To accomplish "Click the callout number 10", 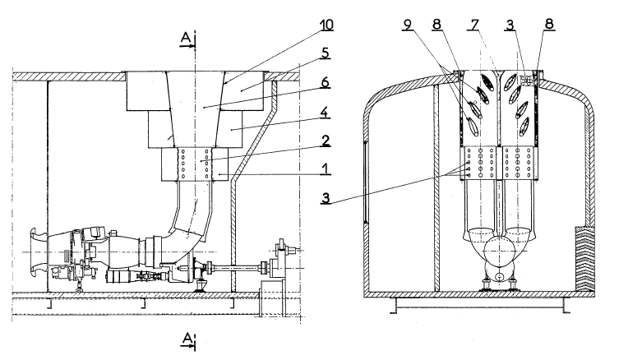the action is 326,25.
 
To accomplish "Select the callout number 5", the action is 326,53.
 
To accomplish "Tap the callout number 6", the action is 325,82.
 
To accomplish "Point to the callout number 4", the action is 324,112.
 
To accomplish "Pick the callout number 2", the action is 325,141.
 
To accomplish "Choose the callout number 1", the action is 326,169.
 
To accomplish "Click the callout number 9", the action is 408,25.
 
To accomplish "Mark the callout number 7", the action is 474,25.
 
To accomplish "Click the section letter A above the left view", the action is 186,38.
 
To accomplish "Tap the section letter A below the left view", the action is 188,338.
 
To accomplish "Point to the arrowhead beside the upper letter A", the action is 192,46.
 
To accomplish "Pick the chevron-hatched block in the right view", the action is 584,259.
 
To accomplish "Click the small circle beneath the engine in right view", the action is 500,276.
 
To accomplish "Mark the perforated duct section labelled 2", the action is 195,164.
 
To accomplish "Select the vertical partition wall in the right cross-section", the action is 437,188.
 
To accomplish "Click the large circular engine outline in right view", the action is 500,249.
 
